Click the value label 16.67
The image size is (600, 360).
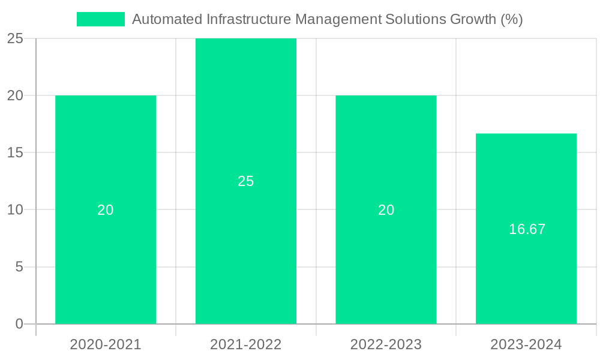click(527, 229)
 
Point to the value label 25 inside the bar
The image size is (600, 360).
click(246, 181)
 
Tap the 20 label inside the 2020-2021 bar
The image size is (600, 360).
click(106, 210)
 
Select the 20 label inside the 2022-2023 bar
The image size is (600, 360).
click(386, 210)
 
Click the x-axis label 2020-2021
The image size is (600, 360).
click(106, 344)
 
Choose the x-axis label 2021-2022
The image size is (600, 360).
click(246, 344)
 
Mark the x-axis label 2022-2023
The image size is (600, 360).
click(386, 344)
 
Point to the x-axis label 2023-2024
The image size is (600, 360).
click(526, 344)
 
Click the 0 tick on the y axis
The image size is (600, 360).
click(19, 324)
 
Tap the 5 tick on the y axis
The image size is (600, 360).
click(19, 267)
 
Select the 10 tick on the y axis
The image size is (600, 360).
click(15, 210)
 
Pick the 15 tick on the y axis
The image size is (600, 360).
click(15, 153)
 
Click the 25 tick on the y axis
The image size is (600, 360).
click(15, 39)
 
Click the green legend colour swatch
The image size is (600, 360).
click(101, 19)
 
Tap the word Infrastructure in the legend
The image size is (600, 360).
click(243, 19)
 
